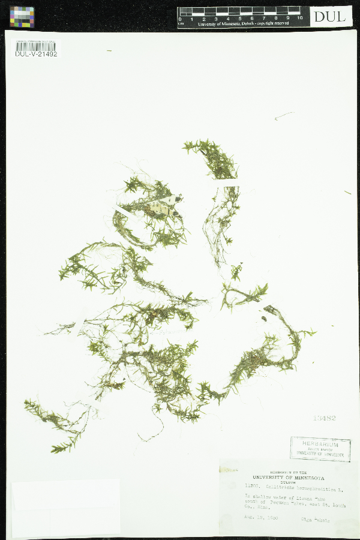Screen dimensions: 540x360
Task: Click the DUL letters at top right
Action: (x=331, y=16)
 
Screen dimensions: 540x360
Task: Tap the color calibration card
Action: (x=22, y=17)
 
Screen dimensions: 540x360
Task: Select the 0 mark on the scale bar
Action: (x=181, y=19)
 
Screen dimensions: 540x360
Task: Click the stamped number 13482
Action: (x=324, y=418)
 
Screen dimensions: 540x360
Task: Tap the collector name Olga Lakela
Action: (x=316, y=520)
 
